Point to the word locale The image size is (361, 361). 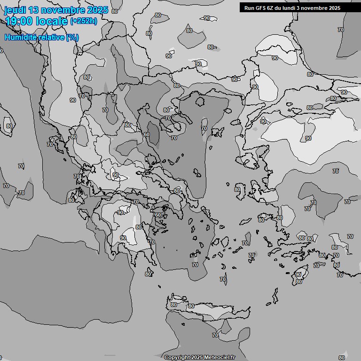point(52,21)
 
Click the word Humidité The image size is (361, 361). point(21,37)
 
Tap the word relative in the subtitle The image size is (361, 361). point(52,37)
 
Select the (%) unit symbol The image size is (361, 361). point(72,37)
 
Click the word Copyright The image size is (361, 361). point(177,358)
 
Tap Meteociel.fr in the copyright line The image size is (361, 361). point(220,358)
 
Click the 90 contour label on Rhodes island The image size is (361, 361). point(298,275)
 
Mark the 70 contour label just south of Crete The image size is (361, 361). point(215,335)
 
